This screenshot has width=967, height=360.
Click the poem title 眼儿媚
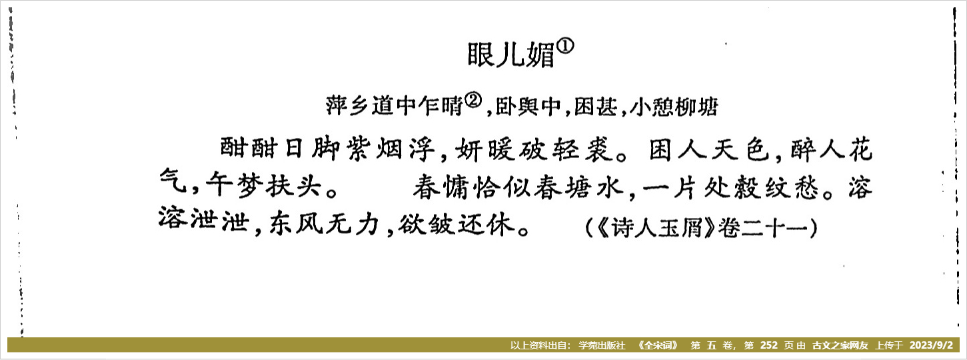[511, 55]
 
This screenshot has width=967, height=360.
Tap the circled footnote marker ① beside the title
[566, 46]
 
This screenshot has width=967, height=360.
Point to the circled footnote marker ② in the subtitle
[473, 101]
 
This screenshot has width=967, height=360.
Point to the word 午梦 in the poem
[234, 187]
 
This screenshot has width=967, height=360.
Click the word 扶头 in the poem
[293, 187]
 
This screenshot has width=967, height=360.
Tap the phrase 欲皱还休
[457, 223]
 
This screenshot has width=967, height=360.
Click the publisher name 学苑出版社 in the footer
[602, 345]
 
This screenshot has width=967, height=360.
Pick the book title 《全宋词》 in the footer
[658, 345]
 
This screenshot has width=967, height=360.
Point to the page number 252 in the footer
[768, 345]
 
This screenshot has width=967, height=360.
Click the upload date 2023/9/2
[931, 345]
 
